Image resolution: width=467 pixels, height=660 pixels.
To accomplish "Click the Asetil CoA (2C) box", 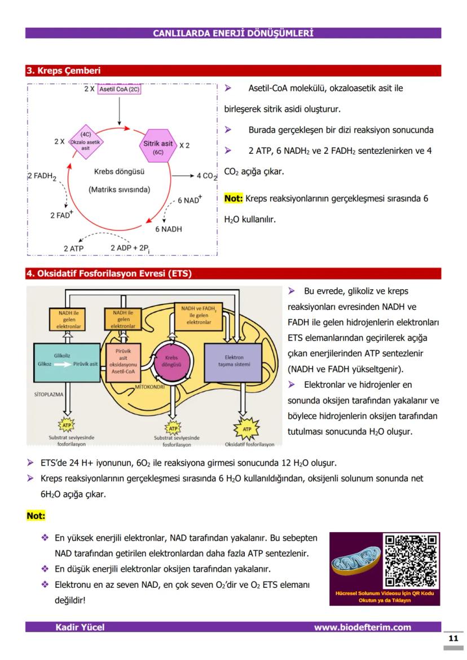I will [x=119, y=89].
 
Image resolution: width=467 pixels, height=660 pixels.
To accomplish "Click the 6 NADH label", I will [x=169, y=229].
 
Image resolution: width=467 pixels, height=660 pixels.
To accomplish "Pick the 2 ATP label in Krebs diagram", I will [x=73, y=248].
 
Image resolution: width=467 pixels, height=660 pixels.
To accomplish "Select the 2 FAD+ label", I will [x=62, y=215].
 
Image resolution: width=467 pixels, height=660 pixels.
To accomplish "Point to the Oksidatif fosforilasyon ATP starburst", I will [x=246, y=429].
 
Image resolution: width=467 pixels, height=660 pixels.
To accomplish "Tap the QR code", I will [x=411, y=561].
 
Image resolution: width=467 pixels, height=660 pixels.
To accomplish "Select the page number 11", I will [x=453, y=639].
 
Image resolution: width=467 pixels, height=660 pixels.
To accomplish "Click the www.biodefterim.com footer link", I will [x=363, y=627].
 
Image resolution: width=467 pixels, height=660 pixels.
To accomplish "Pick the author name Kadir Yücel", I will [x=80, y=627].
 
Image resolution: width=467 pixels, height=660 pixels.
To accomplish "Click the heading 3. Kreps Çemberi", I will [x=64, y=71].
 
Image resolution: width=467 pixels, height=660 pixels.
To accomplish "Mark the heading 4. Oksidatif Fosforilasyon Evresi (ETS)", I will [x=109, y=274].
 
